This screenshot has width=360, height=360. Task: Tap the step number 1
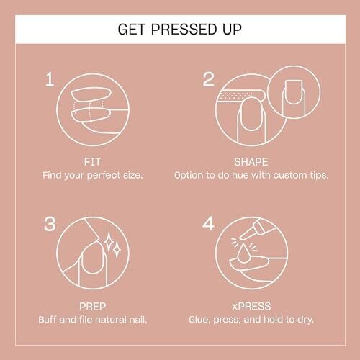(x=50, y=79)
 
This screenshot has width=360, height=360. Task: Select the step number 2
(x=208, y=79)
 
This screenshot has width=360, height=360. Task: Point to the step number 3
(x=50, y=224)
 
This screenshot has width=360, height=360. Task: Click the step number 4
(x=208, y=223)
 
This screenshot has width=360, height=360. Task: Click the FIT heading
(x=92, y=162)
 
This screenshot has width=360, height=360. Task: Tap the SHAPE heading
(x=251, y=162)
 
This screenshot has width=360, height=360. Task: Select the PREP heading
(x=92, y=306)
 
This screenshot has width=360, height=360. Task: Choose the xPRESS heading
(x=251, y=306)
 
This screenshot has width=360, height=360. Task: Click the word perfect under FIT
(x=104, y=176)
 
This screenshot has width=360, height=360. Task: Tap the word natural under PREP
(x=111, y=320)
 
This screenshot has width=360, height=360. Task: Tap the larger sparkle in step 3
(x=109, y=241)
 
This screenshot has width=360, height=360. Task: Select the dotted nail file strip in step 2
(x=236, y=96)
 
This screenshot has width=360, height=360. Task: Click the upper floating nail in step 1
(x=91, y=94)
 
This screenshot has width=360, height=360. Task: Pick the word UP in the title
(x=232, y=30)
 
